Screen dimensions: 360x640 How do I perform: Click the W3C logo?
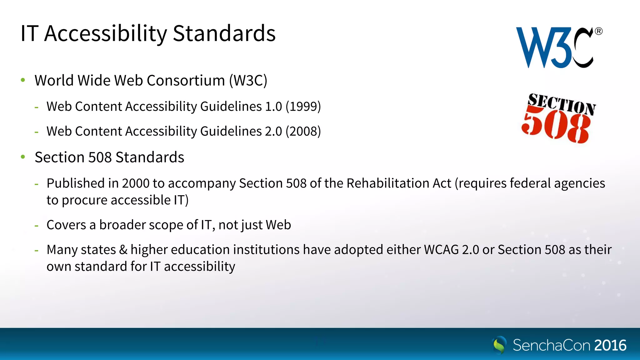point(555,47)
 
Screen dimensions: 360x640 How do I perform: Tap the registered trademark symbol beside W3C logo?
point(598,31)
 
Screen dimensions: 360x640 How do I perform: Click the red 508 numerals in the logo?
point(556,127)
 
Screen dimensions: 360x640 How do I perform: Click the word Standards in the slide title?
point(224,33)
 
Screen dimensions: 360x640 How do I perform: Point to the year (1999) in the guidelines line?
point(303,107)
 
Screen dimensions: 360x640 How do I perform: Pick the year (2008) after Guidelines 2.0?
point(303,131)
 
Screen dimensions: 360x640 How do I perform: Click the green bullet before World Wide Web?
point(23,80)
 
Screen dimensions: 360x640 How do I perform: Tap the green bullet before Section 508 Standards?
point(23,157)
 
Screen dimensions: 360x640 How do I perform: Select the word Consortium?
point(186,81)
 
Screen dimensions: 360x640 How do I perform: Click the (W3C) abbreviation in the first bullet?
point(248,81)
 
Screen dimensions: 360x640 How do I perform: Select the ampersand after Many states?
point(123,250)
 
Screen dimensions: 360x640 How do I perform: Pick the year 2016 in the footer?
point(610,346)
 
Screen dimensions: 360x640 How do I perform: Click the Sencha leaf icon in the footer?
point(499,345)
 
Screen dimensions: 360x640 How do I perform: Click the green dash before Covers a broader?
point(37,226)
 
